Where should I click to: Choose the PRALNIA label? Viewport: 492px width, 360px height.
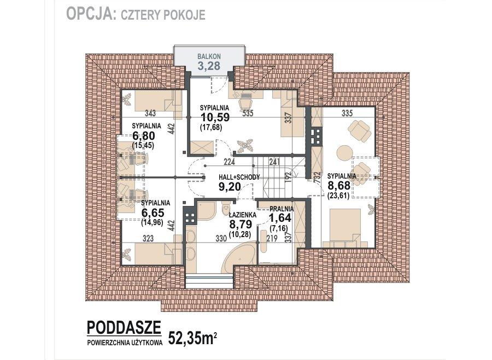[x=282, y=209]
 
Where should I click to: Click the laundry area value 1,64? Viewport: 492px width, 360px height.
[x=281, y=218]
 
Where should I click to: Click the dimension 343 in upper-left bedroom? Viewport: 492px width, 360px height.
[x=151, y=114]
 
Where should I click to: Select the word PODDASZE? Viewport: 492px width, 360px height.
[x=124, y=327]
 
